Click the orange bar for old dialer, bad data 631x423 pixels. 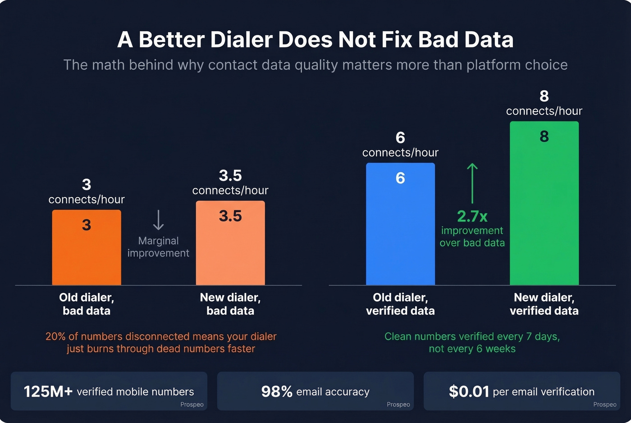coord(87,252)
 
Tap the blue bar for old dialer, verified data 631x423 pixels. coord(400,230)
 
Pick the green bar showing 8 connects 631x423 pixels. coord(544,207)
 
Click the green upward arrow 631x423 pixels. coord(472,183)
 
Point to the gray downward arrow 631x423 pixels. coord(158,220)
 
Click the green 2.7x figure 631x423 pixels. coord(472,217)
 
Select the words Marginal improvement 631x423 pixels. coord(158,247)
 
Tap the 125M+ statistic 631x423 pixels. coord(48,391)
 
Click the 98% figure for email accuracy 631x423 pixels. coord(277,391)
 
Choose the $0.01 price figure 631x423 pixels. coord(469,391)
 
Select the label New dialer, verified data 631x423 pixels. coord(544,304)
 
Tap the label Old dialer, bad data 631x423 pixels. coord(87,304)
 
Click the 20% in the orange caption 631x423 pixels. coord(55,337)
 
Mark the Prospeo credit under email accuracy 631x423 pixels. coord(398,405)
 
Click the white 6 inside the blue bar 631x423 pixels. coord(400,178)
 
